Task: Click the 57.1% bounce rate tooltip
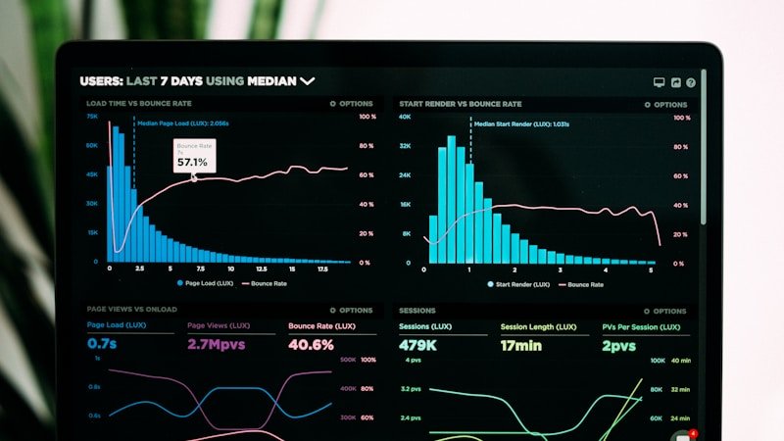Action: (192, 156)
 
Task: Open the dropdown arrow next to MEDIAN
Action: (308, 81)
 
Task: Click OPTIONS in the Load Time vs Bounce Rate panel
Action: (352, 104)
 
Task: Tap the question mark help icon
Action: (691, 83)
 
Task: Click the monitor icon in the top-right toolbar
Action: (659, 83)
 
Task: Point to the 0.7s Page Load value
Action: (102, 344)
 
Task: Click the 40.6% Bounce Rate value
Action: (311, 344)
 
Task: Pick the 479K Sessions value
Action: (417, 345)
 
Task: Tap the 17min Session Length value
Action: (520, 345)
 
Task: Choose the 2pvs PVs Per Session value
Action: (619, 345)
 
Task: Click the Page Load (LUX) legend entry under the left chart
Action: (205, 283)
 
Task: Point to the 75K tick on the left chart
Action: (92, 117)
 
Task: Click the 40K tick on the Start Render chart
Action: (404, 117)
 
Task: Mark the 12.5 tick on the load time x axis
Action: (262, 269)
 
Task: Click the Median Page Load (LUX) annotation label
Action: (182, 123)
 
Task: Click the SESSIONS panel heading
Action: (417, 311)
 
